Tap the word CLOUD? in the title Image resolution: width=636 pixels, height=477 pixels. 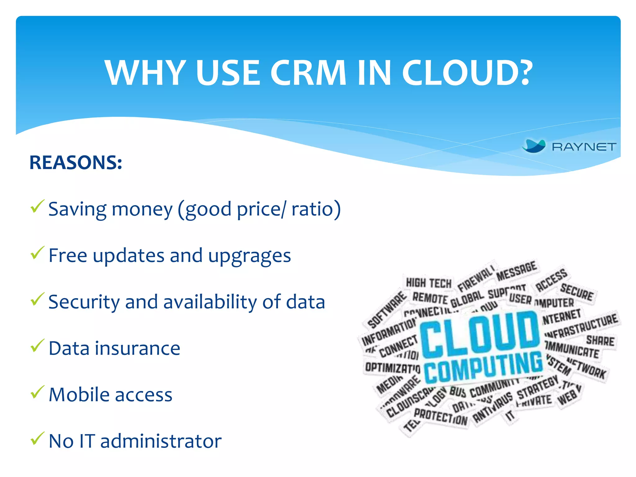(x=467, y=73)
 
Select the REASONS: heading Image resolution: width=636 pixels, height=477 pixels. (x=76, y=162)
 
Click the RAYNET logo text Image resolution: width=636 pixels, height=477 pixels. (x=584, y=147)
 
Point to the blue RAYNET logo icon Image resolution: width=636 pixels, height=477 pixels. (x=534, y=146)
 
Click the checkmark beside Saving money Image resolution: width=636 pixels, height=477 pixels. (x=37, y=207)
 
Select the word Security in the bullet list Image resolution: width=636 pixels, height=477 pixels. (x=84, y=302)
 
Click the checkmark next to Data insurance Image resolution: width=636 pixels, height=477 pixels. (x=37, y=346)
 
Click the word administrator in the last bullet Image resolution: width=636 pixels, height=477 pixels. (x=161, y=441)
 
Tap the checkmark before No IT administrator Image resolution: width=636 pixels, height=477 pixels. (x=37, y=438)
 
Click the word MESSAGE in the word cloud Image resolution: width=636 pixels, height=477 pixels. (x=516, y=270)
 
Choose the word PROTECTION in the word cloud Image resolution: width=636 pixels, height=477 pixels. (x=440, y=416)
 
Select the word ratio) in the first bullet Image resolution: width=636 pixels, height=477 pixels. (x=316, y=209)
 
